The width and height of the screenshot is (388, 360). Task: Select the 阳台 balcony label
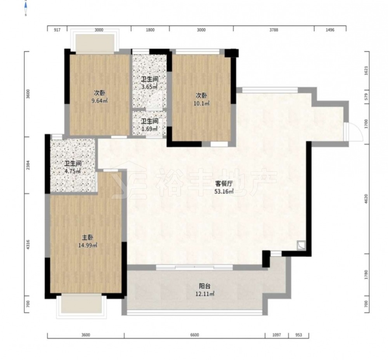tap(204, 286)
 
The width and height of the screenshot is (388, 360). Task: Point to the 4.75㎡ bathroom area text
tap(73, 171)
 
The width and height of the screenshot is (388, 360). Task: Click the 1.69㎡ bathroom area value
tap(149, 129)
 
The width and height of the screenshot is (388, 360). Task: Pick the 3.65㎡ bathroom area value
tap(149, 87)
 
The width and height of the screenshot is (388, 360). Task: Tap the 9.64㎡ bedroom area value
tap(99, 101)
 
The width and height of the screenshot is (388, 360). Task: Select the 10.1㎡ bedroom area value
tap(201, 103)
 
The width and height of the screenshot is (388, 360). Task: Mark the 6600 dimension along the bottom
tap(194, 335)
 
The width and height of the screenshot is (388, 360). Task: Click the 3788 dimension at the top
tap(274, 30)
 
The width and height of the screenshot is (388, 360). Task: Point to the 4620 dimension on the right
tap(367, 199)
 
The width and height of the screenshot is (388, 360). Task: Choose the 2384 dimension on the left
tap(28, 165)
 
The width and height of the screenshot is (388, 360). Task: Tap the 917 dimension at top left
tap(57, 30)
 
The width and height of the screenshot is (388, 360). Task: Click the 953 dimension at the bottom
tap(299, 335)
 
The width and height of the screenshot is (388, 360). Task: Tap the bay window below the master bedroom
tap(81, 306)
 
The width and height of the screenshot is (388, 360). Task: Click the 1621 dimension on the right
tap(367, 71)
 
